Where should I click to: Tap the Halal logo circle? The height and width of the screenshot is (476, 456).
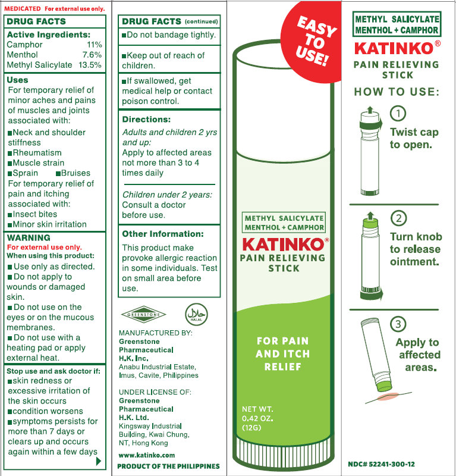(x=196, y=314)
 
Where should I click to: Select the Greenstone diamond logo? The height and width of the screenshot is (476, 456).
(x=143, y=315)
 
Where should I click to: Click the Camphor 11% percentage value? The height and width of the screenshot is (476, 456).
(x=95, y=45)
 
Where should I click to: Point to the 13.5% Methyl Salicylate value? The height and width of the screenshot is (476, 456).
(x=90, y=65)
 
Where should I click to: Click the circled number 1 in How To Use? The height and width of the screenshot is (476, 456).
(x=398, y=113)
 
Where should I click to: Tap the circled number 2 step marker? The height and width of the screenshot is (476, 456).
(x=399, y=218)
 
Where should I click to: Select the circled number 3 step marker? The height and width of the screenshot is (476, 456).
(x=398, y=324)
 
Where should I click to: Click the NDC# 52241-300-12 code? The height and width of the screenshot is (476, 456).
(x=381, y=464)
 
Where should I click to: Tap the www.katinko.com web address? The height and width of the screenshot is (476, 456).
(x=147, y=455)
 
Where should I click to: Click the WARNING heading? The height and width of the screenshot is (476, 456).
(x=29, y=237)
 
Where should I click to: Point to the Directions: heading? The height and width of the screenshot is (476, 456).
(x=146, y=120)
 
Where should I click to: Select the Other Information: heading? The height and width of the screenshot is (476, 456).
(x=163, y=234)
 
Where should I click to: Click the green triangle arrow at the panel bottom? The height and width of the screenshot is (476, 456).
(x=98, y=462)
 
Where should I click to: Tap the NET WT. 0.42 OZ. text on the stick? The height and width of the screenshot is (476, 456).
(x=257, y=414)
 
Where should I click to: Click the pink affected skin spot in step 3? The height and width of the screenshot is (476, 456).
(x=388, y=396)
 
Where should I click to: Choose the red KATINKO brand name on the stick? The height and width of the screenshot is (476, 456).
(x=284, y=245)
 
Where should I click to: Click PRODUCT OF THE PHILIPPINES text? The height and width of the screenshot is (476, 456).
(x=168, y=466)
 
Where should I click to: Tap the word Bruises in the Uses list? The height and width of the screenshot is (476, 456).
(x=76, y=173)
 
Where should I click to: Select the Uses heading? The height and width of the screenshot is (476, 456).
(x=18, y=80)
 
